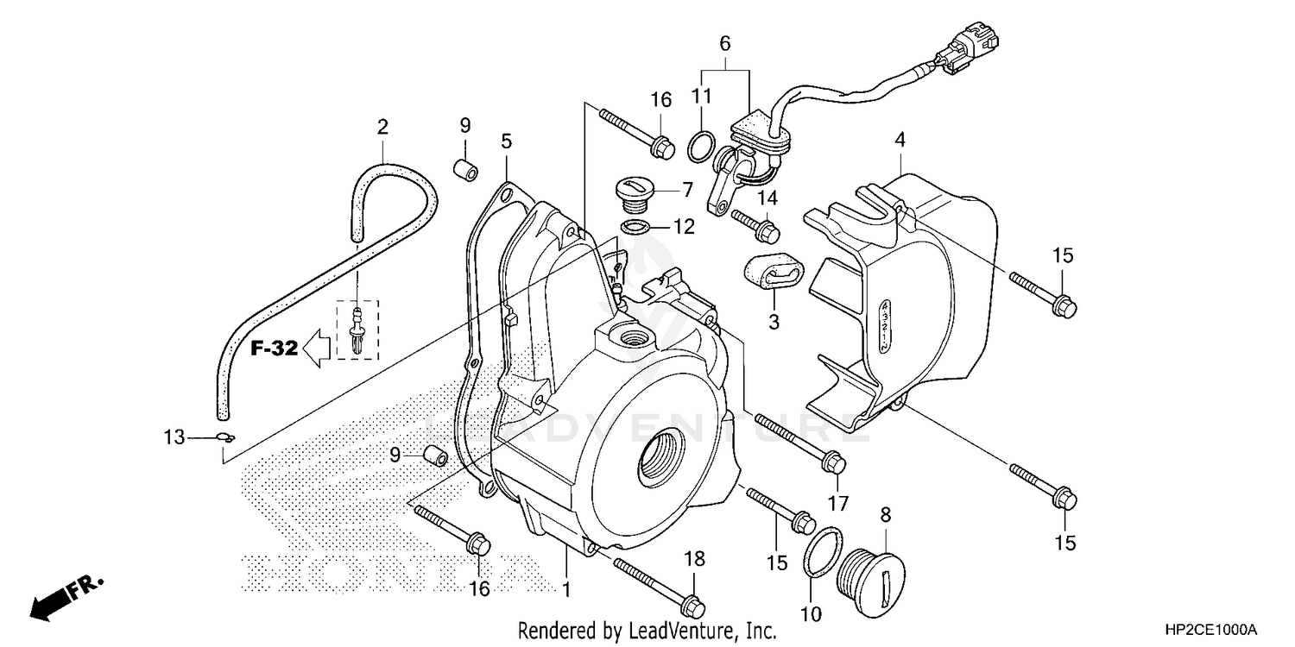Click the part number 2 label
point(382,128)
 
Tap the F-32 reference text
point(275,349)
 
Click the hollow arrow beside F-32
point(319,349)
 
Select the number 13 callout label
point(174,438)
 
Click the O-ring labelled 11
point(701,147)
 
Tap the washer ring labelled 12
point(636,228)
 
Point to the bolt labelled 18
point(656,584)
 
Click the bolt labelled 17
point(799,443)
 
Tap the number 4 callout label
point(900,138)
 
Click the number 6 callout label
point(725,42)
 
